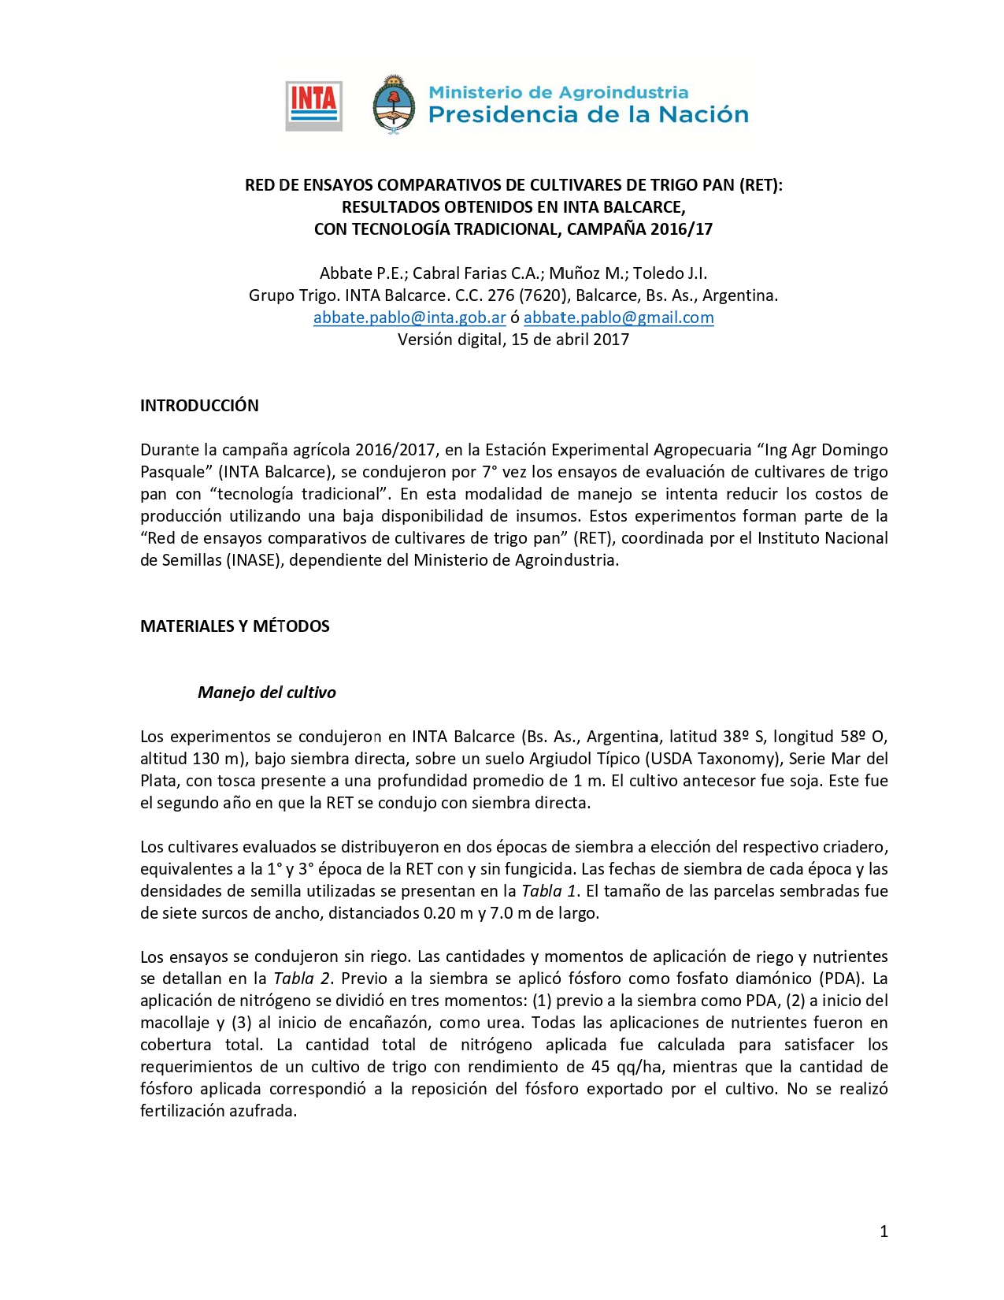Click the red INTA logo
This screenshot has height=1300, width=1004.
[313, 106]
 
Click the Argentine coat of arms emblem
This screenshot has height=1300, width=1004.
[393, 105]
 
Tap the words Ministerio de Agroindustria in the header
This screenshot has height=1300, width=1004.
[558, 92]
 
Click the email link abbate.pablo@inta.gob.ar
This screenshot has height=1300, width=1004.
[409, 318]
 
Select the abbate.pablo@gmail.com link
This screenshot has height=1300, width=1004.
[618, 318]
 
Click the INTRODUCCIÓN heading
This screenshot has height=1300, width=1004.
[199, 406]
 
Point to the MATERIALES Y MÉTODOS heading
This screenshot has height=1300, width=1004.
[235, 626]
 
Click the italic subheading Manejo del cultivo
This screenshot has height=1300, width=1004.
[266, 693]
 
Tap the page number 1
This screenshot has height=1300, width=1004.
[884, 1231]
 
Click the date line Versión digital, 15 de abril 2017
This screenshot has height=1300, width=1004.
[513, 340]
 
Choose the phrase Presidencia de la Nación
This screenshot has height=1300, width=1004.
[587, 115]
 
